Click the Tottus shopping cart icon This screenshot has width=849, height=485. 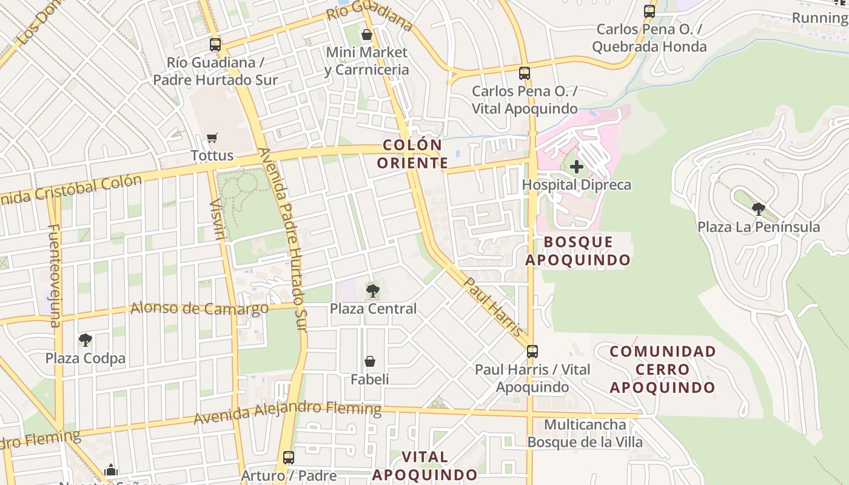point(212,138)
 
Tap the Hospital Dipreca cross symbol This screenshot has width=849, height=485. point(576,166)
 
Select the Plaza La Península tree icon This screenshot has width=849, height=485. point(758,209)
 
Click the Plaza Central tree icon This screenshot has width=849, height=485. point(373,291)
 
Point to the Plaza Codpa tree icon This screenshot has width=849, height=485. point(86,340)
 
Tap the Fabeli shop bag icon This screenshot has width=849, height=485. point(370,362)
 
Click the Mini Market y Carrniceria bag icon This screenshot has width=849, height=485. point(367,35)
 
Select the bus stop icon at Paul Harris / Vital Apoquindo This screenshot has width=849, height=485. point(532,351)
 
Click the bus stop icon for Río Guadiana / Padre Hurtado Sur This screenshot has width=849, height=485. point(215,44)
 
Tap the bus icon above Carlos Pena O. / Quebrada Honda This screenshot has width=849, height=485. point(649,11)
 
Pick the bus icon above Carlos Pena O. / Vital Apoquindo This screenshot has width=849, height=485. point(525,73)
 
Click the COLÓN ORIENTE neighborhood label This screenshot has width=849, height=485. point(412,154)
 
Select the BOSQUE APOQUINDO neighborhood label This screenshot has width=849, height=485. point(578,251)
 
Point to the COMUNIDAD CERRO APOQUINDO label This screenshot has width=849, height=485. point(663,369)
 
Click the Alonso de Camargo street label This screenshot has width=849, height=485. point(200,309)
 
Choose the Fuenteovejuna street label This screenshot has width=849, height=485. point(55,276)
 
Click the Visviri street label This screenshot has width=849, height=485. point(216,218)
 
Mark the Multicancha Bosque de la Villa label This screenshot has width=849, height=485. point(585,433)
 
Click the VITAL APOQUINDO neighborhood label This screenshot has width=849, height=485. point(424,466)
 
